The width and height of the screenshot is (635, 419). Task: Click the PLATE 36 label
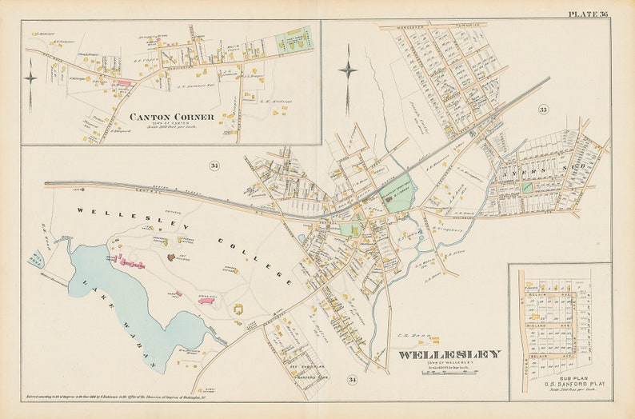tap(588, 14)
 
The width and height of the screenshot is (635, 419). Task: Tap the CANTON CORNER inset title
tap(172, 117)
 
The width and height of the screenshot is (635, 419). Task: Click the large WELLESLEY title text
tap(449, 354)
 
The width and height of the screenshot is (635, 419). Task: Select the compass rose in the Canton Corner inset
tap(30, 78)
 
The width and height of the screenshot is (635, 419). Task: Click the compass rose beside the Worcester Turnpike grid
tap(348, 70)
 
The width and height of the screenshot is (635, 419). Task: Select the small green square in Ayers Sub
tap(528, 186)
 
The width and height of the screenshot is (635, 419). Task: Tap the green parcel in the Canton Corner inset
tap(294, 40)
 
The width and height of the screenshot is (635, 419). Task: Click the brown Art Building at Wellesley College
tap(171, 257)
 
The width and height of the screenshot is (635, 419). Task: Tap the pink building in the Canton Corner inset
tap(124, 82)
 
